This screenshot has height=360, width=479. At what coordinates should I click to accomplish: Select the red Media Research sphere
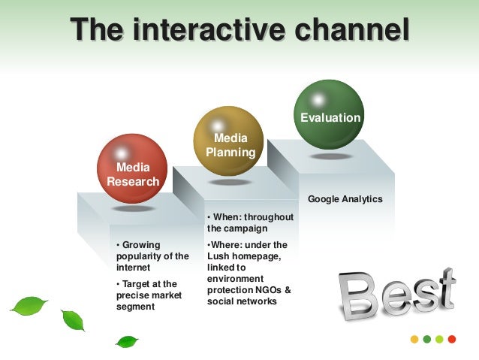[x=133, y=169]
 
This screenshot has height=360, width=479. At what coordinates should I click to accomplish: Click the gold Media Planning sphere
[x=228, y=141]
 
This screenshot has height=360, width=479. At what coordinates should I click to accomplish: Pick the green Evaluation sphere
[x=328, y=114]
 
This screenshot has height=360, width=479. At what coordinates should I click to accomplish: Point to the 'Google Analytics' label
[x=345, y=199]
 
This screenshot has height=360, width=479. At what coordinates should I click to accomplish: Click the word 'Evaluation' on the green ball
[x=330, y=118]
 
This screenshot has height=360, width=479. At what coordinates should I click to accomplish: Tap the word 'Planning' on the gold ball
[x=231, y=153]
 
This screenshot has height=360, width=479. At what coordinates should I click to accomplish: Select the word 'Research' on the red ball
[x=133, y=181]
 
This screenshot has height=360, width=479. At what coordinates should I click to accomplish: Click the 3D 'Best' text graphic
[x=396, y=295]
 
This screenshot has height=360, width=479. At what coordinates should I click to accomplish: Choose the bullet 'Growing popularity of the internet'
[x=152, y=256]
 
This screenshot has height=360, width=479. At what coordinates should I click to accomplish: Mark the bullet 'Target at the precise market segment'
[x=147, y=295]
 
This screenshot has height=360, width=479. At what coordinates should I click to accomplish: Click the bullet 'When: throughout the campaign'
[x=250, y=222]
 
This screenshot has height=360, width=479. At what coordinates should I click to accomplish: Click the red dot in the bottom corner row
[x=452, y=339]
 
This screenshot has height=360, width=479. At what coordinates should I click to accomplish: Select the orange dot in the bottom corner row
[x=414, y=339]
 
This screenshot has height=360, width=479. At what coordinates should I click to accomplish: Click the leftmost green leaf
[x=29, y=305]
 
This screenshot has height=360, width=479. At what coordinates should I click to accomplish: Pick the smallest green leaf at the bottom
[x=126, y=341]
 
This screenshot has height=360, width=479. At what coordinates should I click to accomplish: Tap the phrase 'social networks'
[x=242, y=301]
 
